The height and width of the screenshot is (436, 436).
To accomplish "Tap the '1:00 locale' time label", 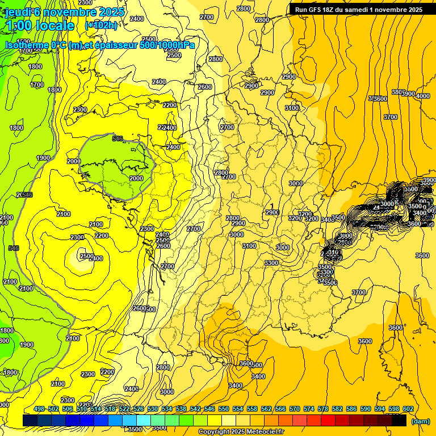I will point(40,26).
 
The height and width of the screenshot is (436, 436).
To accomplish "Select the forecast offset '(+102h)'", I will point(101,26).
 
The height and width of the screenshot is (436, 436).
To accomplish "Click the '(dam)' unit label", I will point(420,421).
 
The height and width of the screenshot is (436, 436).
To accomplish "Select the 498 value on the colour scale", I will point(39,409).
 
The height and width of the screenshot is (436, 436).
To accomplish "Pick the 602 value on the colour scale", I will point(408,409).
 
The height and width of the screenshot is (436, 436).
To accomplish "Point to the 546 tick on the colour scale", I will point(209,409).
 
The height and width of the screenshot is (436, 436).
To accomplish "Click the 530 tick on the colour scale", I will point(153,409).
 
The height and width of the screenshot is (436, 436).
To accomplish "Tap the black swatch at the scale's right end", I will point(399,421).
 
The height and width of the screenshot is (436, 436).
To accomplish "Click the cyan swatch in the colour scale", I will point(144,421).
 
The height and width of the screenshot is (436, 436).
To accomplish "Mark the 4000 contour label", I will point(423,96).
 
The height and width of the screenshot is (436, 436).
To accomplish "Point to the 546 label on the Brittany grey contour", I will point(118,139).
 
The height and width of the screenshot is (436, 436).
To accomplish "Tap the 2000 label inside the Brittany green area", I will point(136,178).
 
